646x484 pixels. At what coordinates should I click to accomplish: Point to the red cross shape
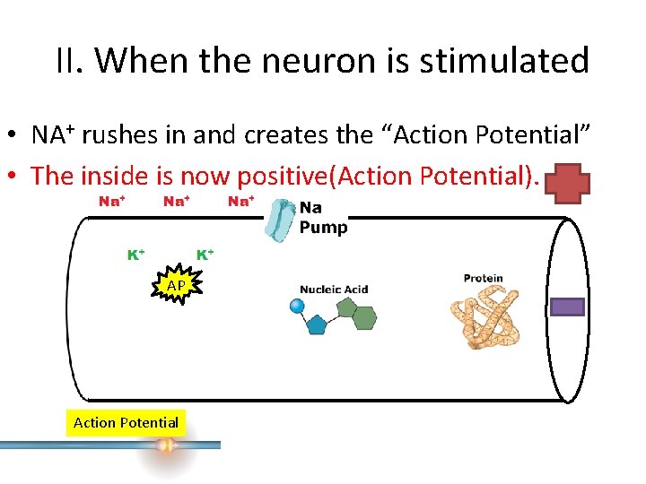pos(569,184)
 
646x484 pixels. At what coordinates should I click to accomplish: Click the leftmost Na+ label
pos(111,202)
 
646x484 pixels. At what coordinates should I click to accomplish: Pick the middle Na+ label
pos(176,202)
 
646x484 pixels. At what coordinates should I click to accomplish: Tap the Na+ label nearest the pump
pos(240,202)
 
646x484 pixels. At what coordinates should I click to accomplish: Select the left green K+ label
pos(136,255)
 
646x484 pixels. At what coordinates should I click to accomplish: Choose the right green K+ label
pos(205,255)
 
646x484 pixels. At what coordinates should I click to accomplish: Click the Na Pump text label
pos(323,218)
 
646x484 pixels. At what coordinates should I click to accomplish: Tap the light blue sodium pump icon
pos(282,220)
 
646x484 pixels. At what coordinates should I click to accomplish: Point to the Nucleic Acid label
pos(334,290)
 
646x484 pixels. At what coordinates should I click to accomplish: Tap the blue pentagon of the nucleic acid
pos(316,324)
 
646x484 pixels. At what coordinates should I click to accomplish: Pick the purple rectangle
pos(566,307)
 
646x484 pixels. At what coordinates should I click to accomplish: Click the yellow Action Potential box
pos(126,422)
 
